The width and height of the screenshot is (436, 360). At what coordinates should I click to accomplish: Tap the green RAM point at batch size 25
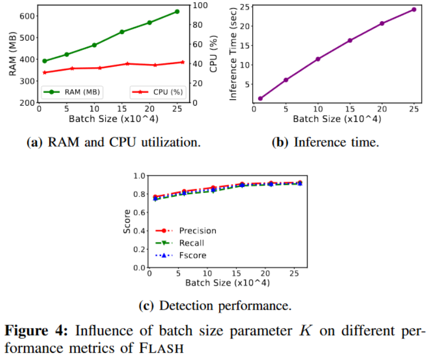177,11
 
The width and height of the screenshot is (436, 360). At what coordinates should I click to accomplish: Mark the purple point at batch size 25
414,9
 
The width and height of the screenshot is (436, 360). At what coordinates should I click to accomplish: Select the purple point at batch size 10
318,59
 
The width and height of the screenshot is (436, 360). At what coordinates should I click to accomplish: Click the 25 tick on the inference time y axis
244,7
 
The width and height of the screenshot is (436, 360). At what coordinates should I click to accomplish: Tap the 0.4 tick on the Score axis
139,231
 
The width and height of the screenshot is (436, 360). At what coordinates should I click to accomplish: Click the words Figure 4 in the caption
36,330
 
